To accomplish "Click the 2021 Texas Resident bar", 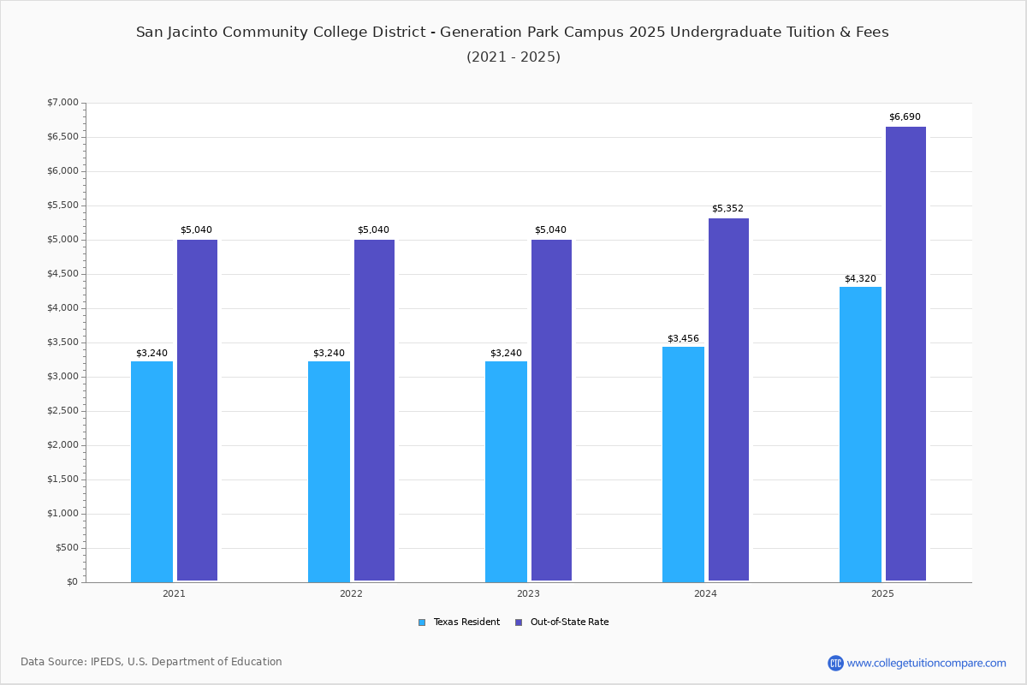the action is [x=151, y=472].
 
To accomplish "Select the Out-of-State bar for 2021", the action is [x=197, y=410].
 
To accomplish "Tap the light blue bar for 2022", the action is [x=329, y=472].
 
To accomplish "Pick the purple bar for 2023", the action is [x=551, y=410].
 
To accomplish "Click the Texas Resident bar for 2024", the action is [x=683, y=464].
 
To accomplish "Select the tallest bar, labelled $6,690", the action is [x=906, y=354].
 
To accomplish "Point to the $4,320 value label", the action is [x=861, y=278].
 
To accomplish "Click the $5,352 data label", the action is [x=727, y=208].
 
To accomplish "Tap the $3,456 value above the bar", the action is [x=683, y=338].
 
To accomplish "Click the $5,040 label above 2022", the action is [x=373, y=229].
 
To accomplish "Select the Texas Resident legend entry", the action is [x=459, y=622].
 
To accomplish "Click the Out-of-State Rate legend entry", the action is [x=562, y=622].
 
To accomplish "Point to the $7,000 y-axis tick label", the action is [x=62, y=102].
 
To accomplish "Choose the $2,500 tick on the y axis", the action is [x=62, y=411].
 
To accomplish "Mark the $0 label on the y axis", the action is [x=73, y=582].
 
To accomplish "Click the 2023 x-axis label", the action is [x=528, y=593].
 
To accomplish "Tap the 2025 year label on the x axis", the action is [x=882, y=593].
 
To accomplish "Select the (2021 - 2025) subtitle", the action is [x=513, y=57].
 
